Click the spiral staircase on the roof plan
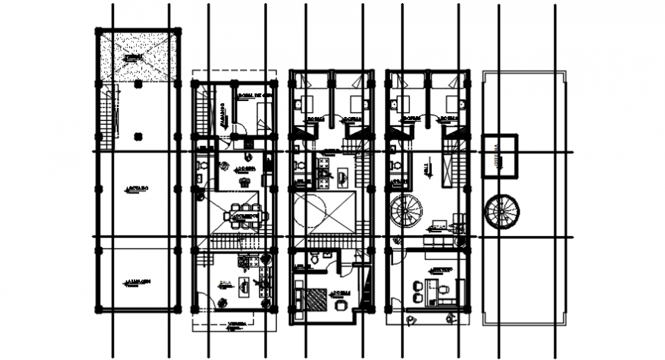point(502,211)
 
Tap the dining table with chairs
point(246,217)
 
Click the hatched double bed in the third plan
point(311,297)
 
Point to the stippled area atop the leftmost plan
point(138,57)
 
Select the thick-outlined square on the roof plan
point(500,157)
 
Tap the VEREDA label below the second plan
point(235,325)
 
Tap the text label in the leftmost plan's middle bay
point(138,187)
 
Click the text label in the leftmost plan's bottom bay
point(138,283)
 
